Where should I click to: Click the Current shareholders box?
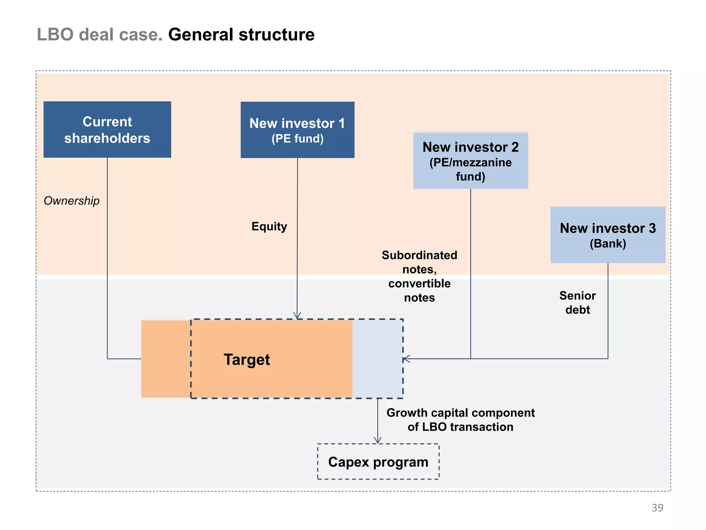click(107, 129)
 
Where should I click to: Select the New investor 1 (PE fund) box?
click(297, 130)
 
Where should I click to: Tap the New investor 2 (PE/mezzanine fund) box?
click(470, 161)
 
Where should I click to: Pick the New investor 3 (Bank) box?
click(607, 235)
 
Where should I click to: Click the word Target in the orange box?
click(247, 360)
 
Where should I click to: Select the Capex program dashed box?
click(378, 462)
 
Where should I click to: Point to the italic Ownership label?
click(72, 200)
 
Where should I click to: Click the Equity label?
click(269, 226)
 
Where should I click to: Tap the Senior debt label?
click(577, 303)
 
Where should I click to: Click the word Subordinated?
click(419, 255)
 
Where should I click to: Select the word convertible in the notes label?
click(419, 283)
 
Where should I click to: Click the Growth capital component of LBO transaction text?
click(460, 420)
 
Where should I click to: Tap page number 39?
click(657, 508)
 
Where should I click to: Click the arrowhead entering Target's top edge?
click(297, 316)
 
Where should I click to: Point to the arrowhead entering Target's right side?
click(406, 359)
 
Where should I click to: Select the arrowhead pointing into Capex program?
click(378, 440)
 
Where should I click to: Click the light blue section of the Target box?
click(377, 359)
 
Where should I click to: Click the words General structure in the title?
click(241, 35)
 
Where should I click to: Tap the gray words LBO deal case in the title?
click(99, 35)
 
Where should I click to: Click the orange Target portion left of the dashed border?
click(166, 359)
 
